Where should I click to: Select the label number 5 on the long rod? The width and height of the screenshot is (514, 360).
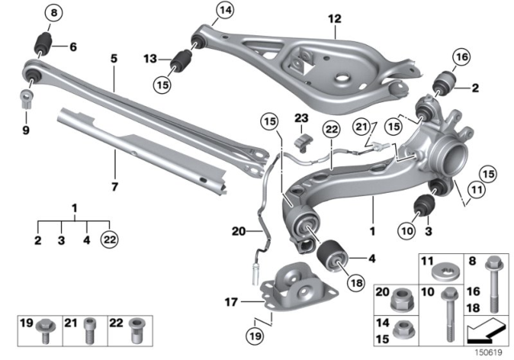[113, 59]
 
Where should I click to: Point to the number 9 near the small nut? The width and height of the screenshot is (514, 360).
[25, 130]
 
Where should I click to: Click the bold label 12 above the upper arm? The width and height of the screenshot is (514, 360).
[333, 18]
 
